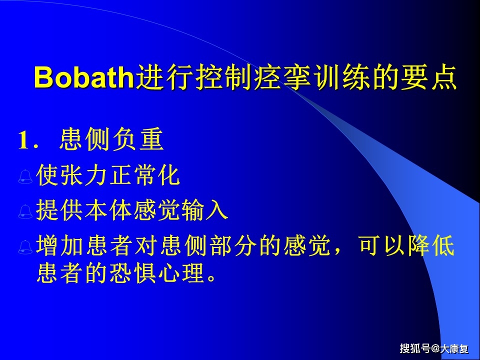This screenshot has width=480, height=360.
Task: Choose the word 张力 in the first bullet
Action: point(85,176)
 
